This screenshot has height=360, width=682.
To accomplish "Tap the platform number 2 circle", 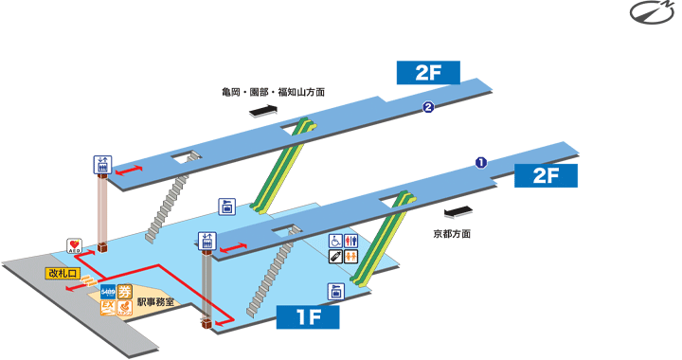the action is tap(428, 107).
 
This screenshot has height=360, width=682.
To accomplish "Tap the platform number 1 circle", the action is tap(480, 162).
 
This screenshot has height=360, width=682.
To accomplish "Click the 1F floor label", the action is tap(308, 316).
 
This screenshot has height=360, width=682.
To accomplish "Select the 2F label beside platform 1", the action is tap(547, 177).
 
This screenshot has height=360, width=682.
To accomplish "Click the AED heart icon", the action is tap(75, 245).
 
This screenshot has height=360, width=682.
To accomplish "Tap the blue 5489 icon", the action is tap(107, 293).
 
